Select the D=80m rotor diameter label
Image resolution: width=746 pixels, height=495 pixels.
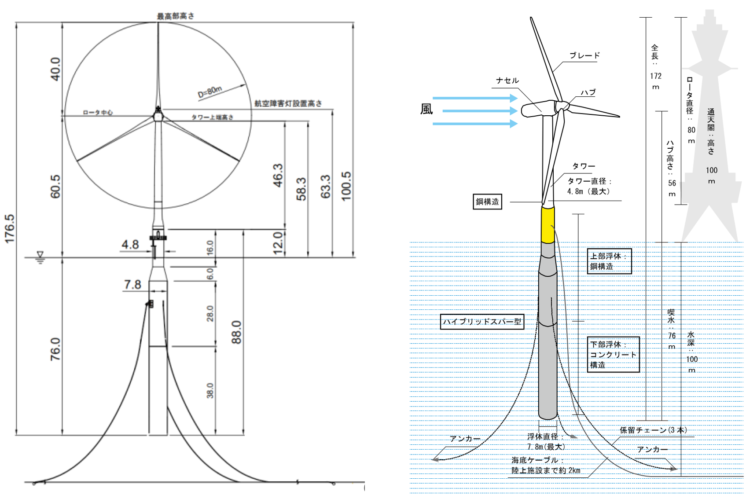(210, 92)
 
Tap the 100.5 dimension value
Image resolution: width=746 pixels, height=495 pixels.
(346, 186)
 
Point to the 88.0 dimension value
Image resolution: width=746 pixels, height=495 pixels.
(236, 332)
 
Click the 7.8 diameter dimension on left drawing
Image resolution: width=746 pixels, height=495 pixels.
(132, 285)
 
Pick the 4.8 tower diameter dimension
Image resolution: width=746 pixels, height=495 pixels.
(130, 245)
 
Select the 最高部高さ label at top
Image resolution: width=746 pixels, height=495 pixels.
(176, 16)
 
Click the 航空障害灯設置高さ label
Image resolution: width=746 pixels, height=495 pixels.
(288, 103)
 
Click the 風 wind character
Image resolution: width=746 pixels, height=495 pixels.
(426, 109)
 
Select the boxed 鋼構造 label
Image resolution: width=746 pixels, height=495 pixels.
(487, 202)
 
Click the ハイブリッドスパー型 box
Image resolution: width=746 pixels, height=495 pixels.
(482, 322)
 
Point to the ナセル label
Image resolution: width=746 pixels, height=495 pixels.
(507, 81)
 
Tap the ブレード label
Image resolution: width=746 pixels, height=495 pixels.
(584, 55)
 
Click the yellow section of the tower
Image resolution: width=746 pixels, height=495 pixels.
(548, 224)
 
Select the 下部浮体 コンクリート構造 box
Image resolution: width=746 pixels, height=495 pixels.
(613, 355)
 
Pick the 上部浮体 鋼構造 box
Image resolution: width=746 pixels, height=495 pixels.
(609, 261)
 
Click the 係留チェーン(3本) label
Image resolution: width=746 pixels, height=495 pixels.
(653, 430)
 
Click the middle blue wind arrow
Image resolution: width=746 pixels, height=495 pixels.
(480, 111)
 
